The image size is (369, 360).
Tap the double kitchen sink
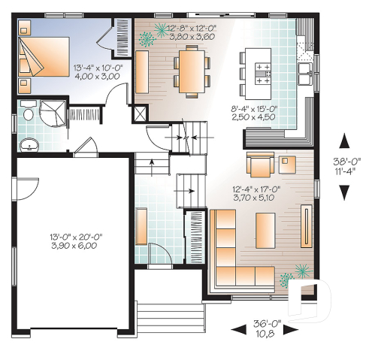coord(306,73)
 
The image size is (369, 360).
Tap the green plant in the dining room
coord(159,32)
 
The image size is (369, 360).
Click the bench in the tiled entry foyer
coord(141,225)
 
